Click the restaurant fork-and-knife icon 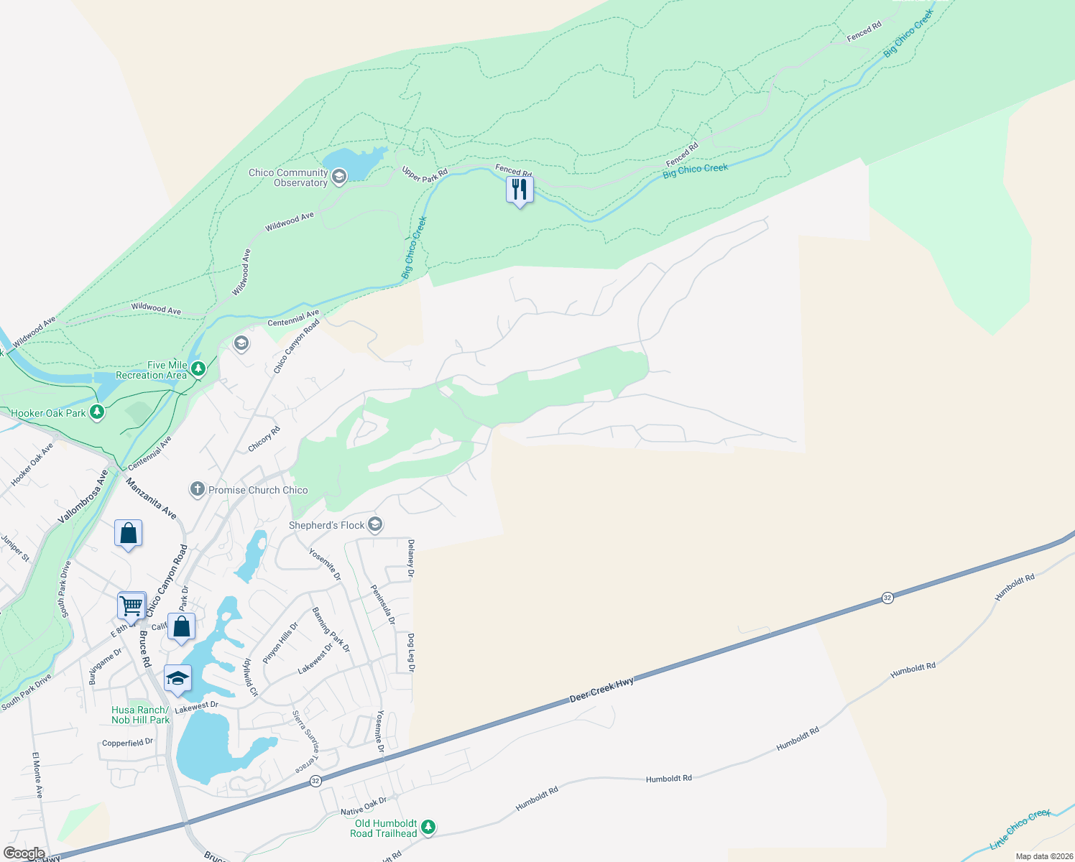point(519,190)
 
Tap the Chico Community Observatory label point(288,177)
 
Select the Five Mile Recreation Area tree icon point(198,369)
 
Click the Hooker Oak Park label point(48,413)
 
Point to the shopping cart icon point(132,605)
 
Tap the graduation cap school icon point(177,678)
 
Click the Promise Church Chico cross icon point(197,490)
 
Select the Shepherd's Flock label point(327,525)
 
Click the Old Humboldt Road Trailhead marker point(428,828)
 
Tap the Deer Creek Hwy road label point(602,690)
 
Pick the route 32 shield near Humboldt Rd point(887,598)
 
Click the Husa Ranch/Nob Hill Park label point(141,715)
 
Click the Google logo point(24,853)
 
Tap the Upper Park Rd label point(425,174)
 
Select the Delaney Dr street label point(411,559)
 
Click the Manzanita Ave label point(151,499)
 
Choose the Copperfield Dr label point(127,743)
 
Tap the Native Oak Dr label point(364,806)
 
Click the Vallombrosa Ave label point(83,496)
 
